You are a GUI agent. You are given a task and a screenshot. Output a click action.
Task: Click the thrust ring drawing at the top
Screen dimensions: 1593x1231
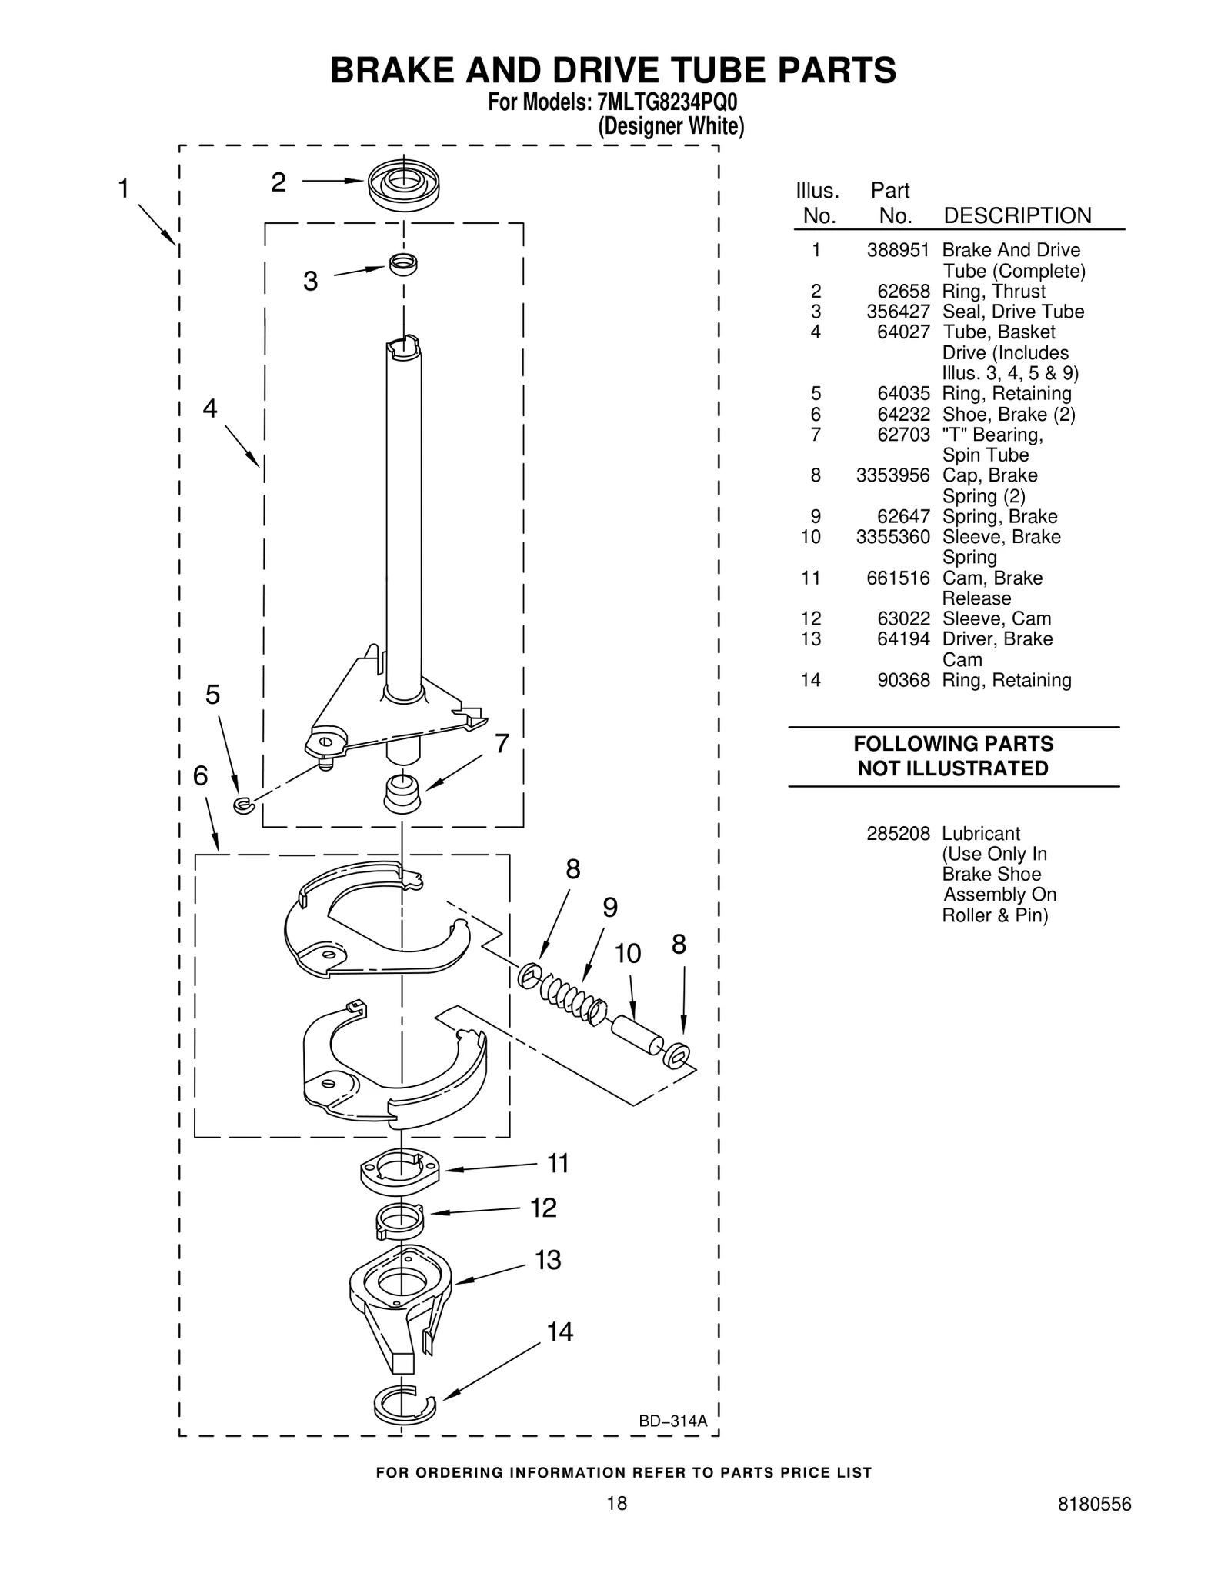coord(403,185)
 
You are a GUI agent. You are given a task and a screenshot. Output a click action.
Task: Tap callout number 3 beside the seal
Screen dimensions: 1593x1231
coord(310,282)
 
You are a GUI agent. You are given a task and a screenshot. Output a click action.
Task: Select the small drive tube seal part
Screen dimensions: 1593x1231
coord(403,264)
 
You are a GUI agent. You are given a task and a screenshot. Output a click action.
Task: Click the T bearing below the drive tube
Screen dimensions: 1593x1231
coord(402,793)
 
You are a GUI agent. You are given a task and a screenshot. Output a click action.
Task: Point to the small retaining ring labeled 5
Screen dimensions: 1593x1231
coord(243,805)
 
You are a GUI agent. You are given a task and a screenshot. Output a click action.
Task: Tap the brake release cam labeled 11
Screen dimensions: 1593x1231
coord(399,1172)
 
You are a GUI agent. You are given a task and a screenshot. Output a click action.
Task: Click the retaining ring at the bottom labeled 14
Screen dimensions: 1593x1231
coord(403,1405)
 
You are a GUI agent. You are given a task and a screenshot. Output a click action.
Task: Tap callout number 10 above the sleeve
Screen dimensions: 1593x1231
coord(628,954)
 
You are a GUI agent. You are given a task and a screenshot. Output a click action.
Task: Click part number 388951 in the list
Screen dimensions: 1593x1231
coord(898,251)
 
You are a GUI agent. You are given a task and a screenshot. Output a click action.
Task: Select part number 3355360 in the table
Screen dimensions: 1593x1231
coord(892,537)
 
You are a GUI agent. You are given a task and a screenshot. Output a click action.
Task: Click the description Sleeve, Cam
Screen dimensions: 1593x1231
coord(996,618)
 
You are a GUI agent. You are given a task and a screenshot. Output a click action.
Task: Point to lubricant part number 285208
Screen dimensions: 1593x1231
coord(898,834)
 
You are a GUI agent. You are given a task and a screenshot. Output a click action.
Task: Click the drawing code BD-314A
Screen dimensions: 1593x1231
coord(672,1421)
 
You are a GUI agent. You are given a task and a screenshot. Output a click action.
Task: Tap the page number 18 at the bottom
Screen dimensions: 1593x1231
coord(616,1525)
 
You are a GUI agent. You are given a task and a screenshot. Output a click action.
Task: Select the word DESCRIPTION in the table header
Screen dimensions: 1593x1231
coord(1017,215)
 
